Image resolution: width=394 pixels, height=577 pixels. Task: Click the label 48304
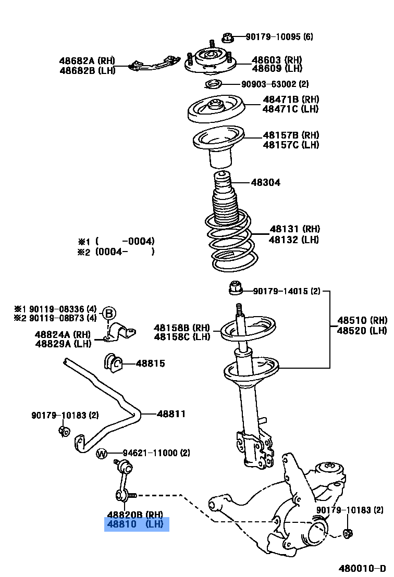[265, 182]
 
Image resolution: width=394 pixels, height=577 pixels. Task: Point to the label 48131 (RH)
[294, 229]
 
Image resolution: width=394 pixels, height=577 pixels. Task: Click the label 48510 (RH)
[362, 320]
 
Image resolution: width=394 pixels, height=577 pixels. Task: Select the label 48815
[150, 363]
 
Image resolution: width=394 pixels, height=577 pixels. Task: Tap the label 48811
[171, 414]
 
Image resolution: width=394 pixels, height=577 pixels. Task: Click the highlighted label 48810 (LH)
[137, 524]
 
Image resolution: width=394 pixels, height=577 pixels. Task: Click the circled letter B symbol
[108, 313]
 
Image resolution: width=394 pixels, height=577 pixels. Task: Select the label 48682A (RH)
[87, 60]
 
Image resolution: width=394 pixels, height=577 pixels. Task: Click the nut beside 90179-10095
[227, 37]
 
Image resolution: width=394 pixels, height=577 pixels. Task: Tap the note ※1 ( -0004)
[116, 241]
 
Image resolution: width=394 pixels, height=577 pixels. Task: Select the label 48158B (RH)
[181, 328]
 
